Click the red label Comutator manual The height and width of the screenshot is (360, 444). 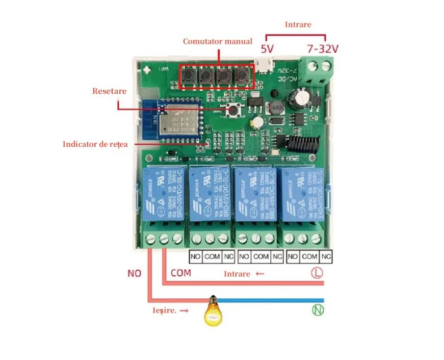click(218, 41)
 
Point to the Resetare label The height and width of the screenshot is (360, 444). click(109, 91)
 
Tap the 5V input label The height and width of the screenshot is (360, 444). click(268, 49)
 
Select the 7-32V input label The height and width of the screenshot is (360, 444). click(323, 49)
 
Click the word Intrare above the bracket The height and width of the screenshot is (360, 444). click(298, 24)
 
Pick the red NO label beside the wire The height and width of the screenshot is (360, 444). click(134, 273)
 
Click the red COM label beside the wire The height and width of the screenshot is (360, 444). click(180, 273)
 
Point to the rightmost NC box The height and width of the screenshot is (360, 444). click(326, 256)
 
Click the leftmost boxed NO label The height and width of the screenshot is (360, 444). click(196, 256)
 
